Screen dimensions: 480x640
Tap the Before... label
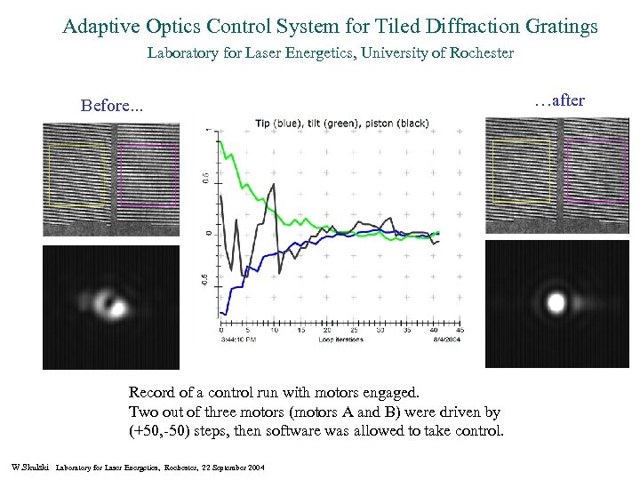110,106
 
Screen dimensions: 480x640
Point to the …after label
559,100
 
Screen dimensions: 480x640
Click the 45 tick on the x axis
459,330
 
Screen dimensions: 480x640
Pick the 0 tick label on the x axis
222,330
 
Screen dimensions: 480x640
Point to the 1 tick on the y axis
208,132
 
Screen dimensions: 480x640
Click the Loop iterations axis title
340,339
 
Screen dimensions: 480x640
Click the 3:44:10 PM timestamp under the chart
241,339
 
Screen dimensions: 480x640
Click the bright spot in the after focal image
556,302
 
